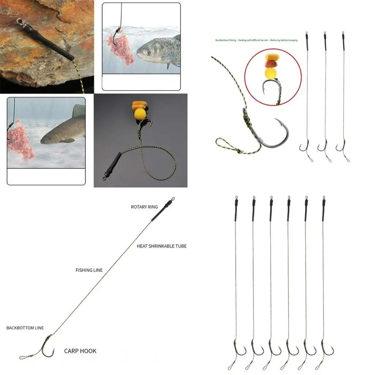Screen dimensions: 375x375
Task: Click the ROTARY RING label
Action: point(144,207)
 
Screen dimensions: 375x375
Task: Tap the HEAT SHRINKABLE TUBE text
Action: point(161,246)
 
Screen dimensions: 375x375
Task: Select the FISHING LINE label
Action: point(89,270)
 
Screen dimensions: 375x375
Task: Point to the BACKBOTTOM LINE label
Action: point(25,328)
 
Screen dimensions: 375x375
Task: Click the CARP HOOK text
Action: point(80,351)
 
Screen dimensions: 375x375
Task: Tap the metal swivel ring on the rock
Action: point(20,22)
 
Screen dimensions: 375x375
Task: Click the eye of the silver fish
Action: point(147,53)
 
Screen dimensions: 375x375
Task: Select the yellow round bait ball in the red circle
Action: point(271,73)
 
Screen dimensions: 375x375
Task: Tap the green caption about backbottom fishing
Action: point(256,40)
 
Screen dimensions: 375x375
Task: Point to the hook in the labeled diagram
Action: point(48,348)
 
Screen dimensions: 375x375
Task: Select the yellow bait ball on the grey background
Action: point(140,114)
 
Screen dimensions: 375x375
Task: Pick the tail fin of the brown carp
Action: point(78,111)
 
